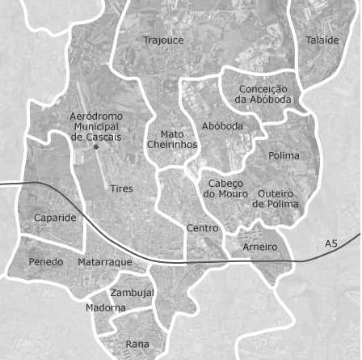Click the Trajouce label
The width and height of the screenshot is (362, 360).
[x=163, y=40]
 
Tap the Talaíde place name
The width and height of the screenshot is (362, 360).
[x=322, y=40]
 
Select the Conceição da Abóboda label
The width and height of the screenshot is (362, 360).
[x=263, y=94]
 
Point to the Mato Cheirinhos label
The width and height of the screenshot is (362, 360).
[x=172, y=139]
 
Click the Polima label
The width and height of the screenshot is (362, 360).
[x=284, y=155]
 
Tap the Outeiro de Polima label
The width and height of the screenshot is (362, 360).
[x=276, y=199]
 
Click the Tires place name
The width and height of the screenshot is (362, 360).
[x=121, y=188]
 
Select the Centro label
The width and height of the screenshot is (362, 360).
[x=202, y=228]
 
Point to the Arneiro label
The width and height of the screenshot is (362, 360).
[x=260, y=246]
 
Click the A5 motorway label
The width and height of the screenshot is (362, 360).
[x=330, y=244]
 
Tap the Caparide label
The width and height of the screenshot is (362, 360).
[x=55, y=218]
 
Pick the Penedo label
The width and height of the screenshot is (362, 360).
[x=45, y=262]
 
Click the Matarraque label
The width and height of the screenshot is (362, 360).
[x=104, y=263]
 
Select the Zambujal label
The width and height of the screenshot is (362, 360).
[x=132, y=292]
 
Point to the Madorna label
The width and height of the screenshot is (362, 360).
[x=105, y=308]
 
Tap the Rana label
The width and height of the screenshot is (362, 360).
[x=137, y=344]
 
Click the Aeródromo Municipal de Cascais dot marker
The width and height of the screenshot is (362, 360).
[x=95, y=146]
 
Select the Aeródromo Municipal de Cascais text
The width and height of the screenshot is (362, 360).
[x=96, y=128]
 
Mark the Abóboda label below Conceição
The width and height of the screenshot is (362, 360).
[x=221, y=127]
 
